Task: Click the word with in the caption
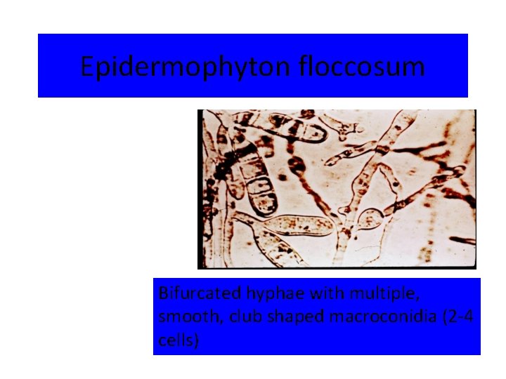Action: pyautogui.click(x=290, y=292)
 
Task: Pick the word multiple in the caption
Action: pyautogui.click(x=338, y=292)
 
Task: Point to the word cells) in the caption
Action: pyautogui.click(x=179, y=341)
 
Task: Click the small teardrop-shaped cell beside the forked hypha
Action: pyautogui.click(x=370, y=220)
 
